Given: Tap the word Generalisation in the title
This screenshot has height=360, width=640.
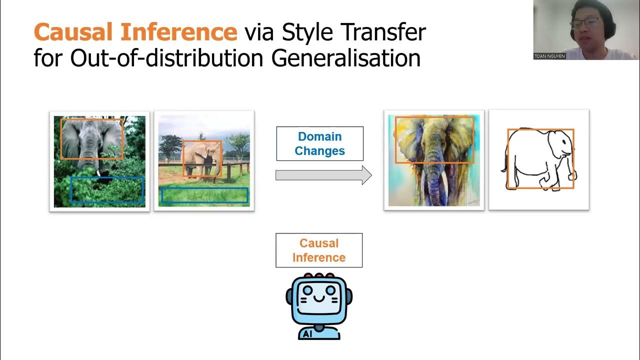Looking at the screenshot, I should tap(345, 58).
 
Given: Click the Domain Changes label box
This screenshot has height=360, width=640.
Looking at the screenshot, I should tap(319, 143).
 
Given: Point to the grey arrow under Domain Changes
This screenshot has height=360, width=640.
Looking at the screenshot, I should tap(323, 175).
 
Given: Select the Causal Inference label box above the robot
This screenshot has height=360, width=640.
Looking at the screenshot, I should tap(319, 250).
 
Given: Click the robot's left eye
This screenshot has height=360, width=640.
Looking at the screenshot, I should tap(307, 290).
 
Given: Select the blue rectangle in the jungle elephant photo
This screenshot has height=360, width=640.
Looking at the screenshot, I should tap(107, 189).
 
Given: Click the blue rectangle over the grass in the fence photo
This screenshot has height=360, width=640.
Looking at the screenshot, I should tap(205, 195).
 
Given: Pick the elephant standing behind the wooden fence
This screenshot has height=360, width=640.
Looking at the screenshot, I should tap(202, 159).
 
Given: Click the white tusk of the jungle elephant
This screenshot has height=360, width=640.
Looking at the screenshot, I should tap(99, 173).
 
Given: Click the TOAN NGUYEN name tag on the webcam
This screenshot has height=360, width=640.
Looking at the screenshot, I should tap(549, 56).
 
